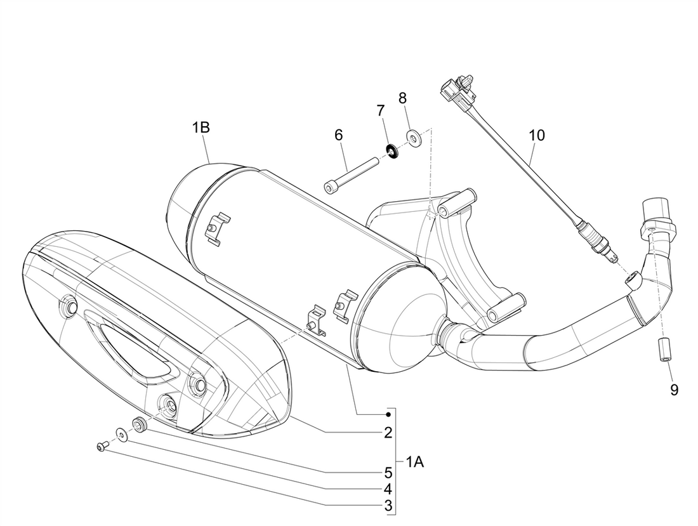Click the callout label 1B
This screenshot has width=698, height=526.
click(x=201, y=128)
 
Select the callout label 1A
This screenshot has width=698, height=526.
click(x=414, y=463)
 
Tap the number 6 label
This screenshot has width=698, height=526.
click(x=338, y=135)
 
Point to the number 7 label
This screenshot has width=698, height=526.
click(x=381, y=110)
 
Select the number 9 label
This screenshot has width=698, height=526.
click(x=673, y=390)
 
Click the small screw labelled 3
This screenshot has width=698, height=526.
click(x=102, y=447)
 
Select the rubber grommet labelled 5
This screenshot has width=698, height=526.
click(x=138, y=424)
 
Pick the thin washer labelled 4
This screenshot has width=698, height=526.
click(x=121, y=434)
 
